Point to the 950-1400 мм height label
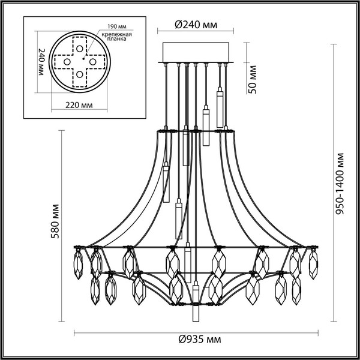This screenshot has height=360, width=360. coord(341,184)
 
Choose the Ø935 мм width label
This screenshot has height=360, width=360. coord(196,340)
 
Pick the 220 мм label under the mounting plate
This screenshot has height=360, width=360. coord(78,104)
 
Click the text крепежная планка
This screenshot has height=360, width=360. coord(121,40)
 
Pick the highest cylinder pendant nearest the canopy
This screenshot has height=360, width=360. coord(220,96)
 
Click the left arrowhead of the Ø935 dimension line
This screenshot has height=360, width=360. coord(76,332)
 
